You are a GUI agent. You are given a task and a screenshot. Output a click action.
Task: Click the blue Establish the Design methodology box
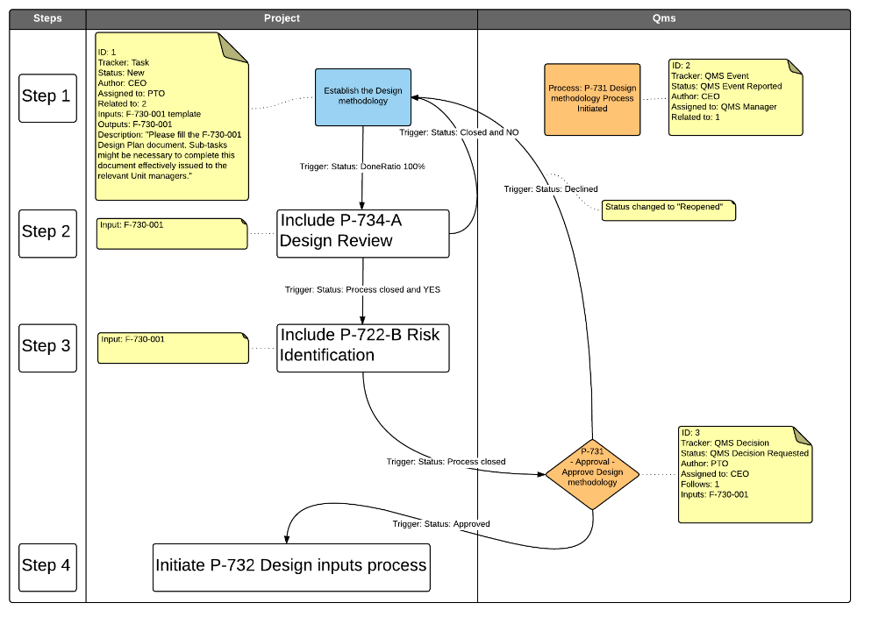[363, 96]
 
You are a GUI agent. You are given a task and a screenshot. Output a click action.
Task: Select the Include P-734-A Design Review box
[362, 233]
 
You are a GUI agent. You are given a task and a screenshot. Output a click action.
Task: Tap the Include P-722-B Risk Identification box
[362, 347]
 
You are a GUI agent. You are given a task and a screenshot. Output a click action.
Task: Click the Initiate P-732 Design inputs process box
[290, 566]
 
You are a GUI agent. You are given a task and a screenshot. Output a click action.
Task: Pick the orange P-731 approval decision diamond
[592, 473]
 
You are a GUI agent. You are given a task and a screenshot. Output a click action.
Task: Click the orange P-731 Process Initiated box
[592, 99]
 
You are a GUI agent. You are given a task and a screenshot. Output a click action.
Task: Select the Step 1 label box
[46, 97]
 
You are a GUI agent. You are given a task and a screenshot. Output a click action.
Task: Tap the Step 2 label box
[46, 232]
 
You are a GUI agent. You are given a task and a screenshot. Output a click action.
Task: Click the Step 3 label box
[46, 347]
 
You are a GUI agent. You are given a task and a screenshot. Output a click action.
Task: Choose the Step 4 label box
[46, 566]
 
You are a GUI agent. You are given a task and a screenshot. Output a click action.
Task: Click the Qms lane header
[664, 18]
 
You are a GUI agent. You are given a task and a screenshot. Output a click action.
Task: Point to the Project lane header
[282, 18]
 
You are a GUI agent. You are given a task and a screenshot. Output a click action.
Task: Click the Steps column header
[47, 18]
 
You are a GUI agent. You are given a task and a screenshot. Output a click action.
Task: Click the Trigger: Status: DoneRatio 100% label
[362, 167]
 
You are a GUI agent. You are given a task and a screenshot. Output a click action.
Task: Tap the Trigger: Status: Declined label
[551, 189]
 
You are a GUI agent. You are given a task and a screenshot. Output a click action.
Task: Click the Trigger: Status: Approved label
[441, 524]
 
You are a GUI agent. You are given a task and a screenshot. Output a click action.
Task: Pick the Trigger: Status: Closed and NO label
[459, 133]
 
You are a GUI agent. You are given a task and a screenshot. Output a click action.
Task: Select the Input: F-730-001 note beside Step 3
[172, 347]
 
